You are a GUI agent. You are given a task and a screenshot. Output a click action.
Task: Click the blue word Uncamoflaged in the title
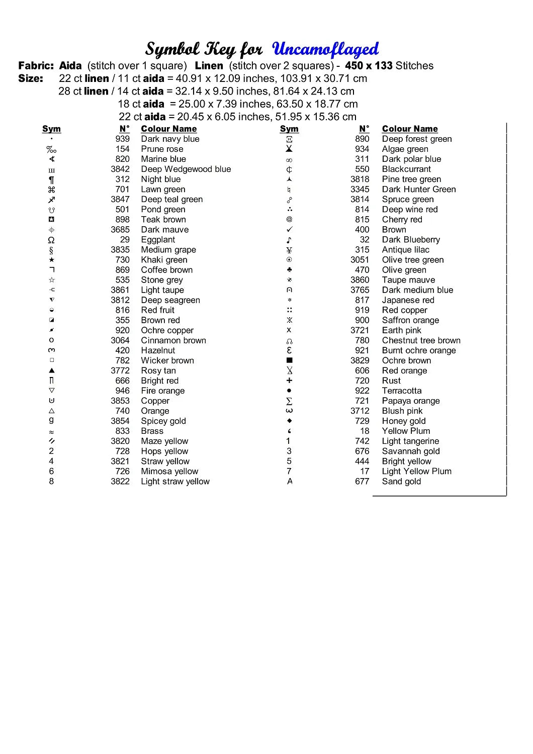tap(325, 49)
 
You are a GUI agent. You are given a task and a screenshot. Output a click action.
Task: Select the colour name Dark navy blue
tap(170, 139)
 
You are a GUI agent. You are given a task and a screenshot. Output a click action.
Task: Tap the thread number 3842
tap(120, 169)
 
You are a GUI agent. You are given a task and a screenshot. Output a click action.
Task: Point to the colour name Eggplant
tap(158, 240)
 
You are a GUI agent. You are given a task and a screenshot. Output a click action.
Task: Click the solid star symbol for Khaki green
tap(51, 260)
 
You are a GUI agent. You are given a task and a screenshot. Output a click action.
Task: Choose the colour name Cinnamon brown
tap(173, 340)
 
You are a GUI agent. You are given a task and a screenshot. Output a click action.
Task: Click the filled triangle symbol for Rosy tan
tap(51, 370)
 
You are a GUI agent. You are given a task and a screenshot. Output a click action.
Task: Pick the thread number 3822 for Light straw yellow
tap(120, 481)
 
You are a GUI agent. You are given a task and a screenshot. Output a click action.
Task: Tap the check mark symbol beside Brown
tap(289, 230)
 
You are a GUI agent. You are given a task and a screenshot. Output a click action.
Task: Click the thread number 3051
tap(360, 260)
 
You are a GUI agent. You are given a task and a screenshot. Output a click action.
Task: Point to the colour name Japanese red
tap(408, 300)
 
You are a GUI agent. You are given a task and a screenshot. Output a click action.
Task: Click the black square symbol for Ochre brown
tap(289, 360)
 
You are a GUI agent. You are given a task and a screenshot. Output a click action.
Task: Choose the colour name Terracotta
tap(402, 391)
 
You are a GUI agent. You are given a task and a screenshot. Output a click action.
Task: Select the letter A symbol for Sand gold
tap(290, 481)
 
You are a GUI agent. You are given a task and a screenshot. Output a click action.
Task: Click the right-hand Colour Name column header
tap(410, 129)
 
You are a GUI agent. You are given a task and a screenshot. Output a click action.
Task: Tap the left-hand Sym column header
tap(51, 129)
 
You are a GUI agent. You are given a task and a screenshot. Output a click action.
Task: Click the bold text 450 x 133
tap(369, 65)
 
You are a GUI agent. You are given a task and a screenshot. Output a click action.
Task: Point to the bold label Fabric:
tap(36, 65)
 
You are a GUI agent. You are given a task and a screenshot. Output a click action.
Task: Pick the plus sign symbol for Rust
tap(289, 381)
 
